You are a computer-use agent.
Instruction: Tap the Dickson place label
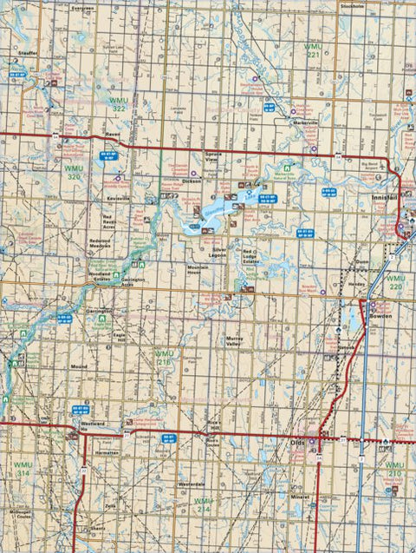(x=192, y=181)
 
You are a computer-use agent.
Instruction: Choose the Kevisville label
(x=117, y=199)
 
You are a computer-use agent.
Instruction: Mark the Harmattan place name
(x=107, y=453)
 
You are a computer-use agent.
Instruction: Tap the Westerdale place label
(x=191, y=481)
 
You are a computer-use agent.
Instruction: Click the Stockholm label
(x=353, y=4)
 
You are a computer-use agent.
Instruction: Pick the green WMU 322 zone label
(x=120, y=105)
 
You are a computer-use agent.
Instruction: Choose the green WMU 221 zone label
(x=314, y=49)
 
